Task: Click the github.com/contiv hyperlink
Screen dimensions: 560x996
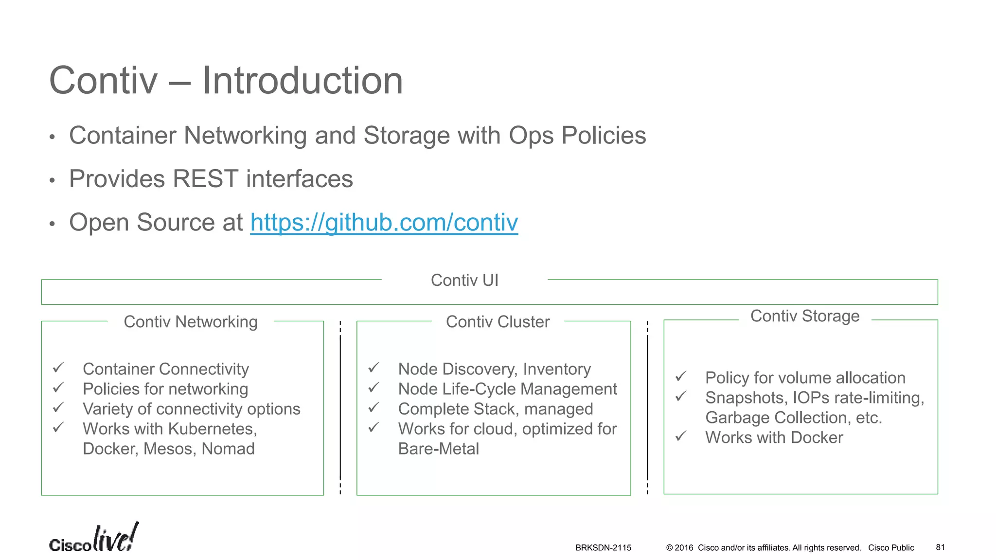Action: [384, 223]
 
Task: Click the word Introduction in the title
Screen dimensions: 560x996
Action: [302, 81]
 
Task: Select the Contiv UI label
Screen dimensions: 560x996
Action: [464, 280]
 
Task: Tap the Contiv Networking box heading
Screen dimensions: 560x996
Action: [190, 322]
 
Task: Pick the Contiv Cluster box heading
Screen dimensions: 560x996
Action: [498, 322]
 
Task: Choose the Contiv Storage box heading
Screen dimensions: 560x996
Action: [804, 316]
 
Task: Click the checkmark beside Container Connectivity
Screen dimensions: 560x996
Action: [58, 367]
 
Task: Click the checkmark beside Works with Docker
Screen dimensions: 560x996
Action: [681, 436]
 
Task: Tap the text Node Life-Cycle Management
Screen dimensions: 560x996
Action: [507, 389]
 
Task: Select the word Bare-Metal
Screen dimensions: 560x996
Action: [438, 449]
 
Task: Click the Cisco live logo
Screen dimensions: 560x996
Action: [93, 538]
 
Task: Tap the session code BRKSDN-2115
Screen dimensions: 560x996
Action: [603, 548]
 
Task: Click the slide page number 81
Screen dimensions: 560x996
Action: [940, 547]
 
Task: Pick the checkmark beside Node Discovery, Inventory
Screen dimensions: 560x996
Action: [373, 367]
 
